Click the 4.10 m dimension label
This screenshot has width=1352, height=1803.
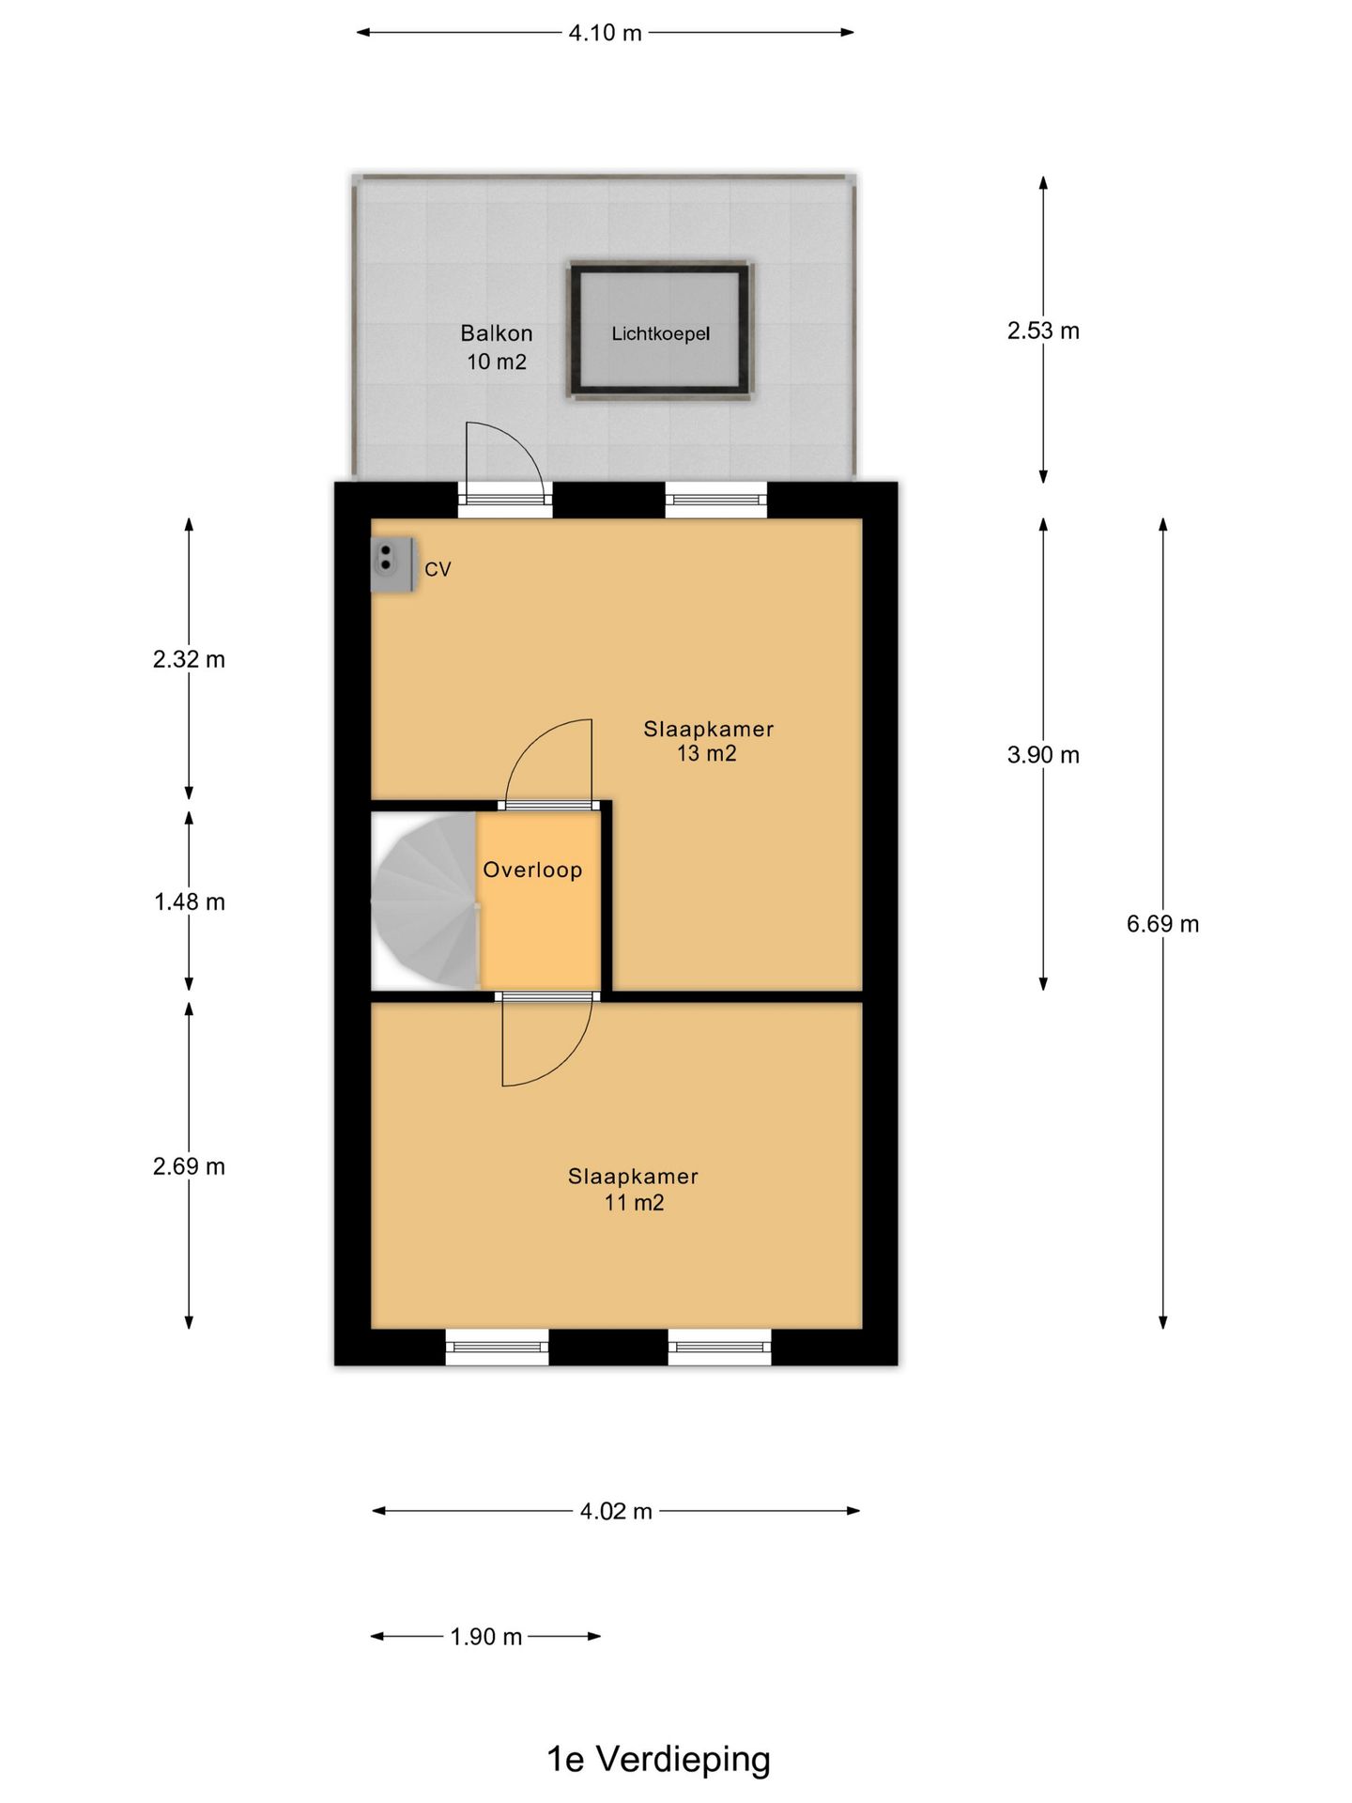[x=605, y=33]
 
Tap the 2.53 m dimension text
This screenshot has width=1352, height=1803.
[x=1043, y=331]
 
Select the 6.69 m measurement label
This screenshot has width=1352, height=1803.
[x=1162, y=924]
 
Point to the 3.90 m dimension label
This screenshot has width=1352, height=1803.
[x=1043, y=755]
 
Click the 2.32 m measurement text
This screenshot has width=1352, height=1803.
[x=189, y=659]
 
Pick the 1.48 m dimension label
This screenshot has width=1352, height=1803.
[x=189, y=902]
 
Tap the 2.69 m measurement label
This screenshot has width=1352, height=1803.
[x=189, y=1166]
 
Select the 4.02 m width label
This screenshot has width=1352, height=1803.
[x=616, y=1511]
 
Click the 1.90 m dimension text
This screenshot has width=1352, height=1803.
[x=485, y=1637]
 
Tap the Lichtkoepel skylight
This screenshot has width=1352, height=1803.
[x=660, y=331]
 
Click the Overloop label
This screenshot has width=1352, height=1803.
[x=532, y=870]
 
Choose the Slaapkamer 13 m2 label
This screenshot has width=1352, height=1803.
[x=708, y=741]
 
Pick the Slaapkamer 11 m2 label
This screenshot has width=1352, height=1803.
[x=633, y=1189]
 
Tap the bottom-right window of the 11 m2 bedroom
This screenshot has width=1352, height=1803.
[x=719, y=1348]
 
